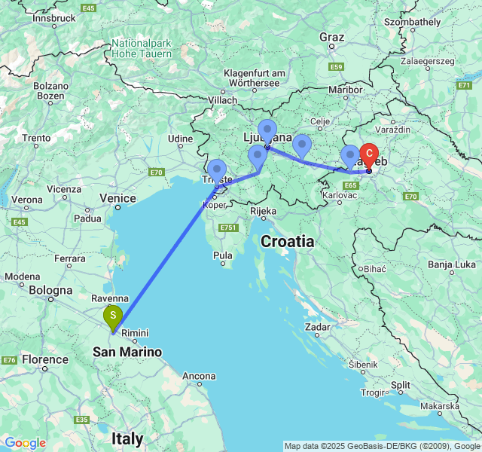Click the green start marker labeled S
[112, 316]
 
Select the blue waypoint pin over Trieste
[216, 171]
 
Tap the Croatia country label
[288, 241]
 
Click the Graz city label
[331, 37]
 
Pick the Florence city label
[45, 359]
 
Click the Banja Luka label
[451, 264]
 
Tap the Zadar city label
[318, 327]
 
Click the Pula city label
[223, 255]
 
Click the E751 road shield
[229, 228]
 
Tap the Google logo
[25, 443]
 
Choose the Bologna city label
[51, 290]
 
